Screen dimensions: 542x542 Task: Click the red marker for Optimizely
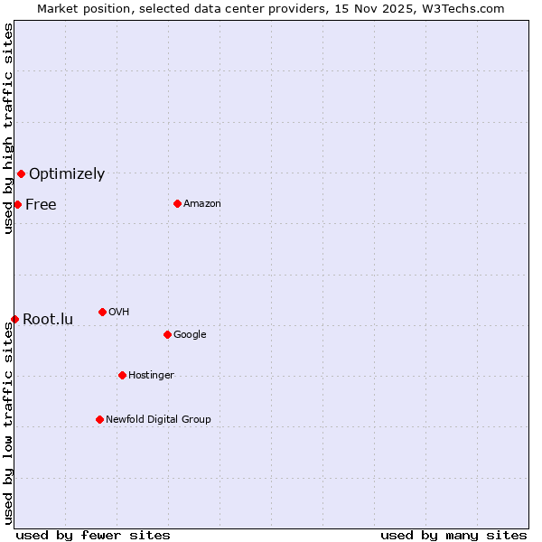coord(21,173)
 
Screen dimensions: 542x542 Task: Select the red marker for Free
coord(17,204)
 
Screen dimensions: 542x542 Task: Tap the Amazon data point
coord(177,203)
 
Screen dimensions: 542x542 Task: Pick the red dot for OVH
coord(102,312)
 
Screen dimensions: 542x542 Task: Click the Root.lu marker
coord(14,319)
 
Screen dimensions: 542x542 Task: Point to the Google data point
coord(167,334)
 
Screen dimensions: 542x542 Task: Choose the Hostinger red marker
coord(122,375)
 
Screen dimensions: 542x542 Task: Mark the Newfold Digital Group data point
coord(99,419)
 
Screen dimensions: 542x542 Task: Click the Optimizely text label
coord(67,174)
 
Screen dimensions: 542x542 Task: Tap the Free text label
coord(41,205)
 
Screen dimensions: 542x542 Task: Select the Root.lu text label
coord(48,320)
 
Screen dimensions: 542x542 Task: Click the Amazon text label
coord(202,204)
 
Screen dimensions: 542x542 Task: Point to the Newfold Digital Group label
coord(158,420)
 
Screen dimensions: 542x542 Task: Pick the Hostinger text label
coord(151,376)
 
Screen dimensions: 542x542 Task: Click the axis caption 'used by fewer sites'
coord(93,535)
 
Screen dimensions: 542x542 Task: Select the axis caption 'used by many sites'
coord(453,535)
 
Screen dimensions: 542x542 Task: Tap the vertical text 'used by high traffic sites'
coord(8,129)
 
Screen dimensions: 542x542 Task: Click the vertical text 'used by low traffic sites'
coord(8,423)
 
